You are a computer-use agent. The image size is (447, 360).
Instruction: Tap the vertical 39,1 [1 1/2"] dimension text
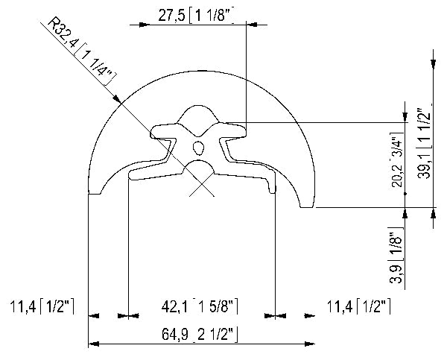pos(424,145)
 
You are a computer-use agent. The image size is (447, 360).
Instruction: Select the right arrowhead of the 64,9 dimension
pos(310,344)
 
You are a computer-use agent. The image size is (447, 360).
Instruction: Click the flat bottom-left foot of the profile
pos(95,192)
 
